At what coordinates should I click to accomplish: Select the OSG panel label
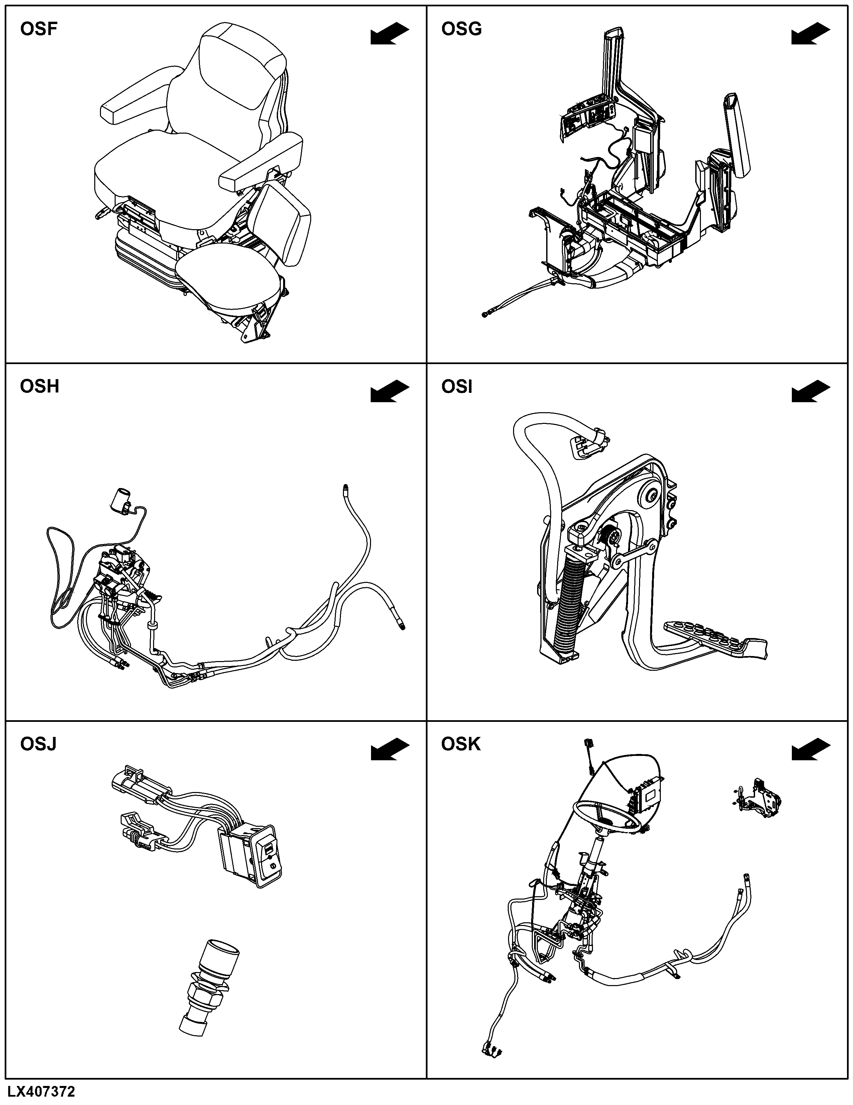tap(461, 29)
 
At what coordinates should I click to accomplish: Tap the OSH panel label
tap(39, 386)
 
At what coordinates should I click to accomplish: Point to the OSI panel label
tap(457, 386)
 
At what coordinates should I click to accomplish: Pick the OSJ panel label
tap(38, 744)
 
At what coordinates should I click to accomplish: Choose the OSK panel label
tap(461, 744)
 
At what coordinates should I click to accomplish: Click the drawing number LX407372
tap(41, 1091)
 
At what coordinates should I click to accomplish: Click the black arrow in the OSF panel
tap(390, 34)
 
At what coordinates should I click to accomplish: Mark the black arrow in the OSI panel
tap(811, 391)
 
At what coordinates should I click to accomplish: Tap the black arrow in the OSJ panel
tap(390, 749)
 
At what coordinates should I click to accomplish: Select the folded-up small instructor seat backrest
tap(281, 222)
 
